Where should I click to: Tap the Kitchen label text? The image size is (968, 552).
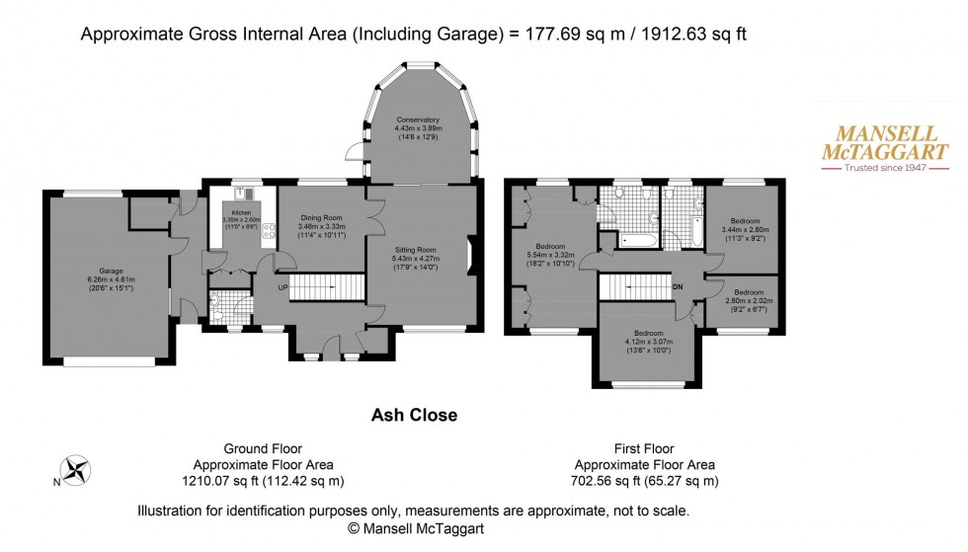click(242, 219)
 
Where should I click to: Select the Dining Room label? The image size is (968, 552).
click(322, 225)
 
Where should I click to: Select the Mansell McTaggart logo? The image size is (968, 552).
click(885, 150)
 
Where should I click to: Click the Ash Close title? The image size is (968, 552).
click(413, 416)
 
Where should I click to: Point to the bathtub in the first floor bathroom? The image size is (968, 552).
click(635, 238)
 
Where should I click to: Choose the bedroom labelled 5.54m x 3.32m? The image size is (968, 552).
click(550, 253)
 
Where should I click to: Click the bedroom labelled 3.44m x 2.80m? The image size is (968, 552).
click(745, 228)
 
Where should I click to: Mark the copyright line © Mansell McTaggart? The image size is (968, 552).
click(413, 528)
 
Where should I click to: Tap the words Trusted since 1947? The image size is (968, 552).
click(885, 169)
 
